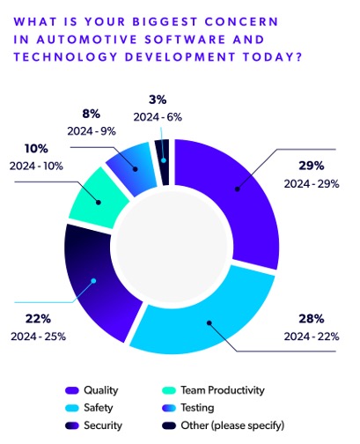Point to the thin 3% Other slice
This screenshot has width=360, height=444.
(x=163, y=151)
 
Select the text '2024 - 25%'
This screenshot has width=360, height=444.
(x=39, y=336)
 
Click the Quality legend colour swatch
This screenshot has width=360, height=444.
(x=72, y=389)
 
